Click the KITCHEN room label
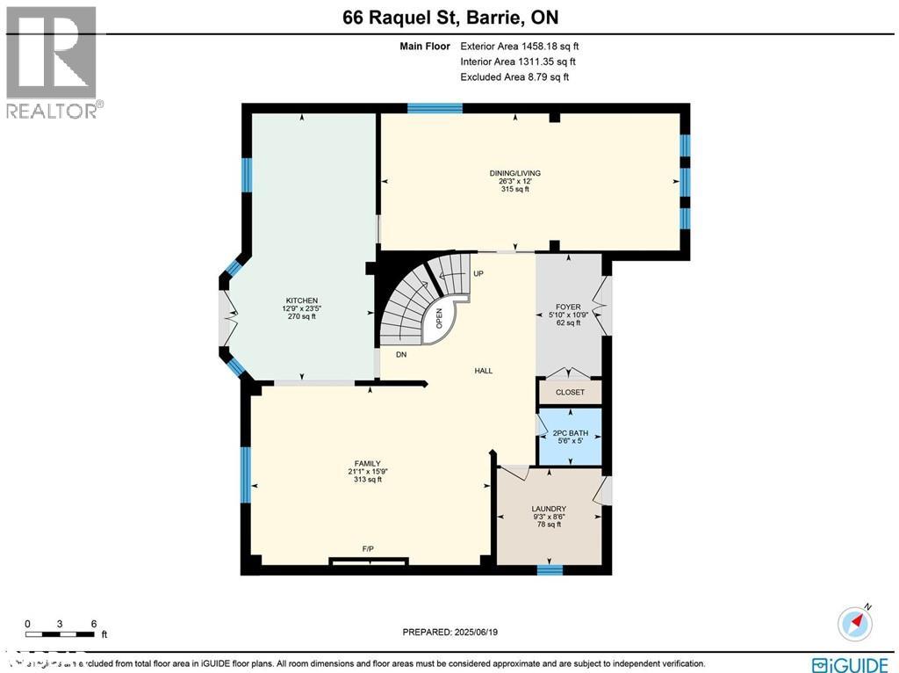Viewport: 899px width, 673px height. (x=301, y=300)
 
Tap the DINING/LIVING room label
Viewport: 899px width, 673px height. (x=514, y=173)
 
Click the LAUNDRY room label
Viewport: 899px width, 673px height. (x=549, y=509)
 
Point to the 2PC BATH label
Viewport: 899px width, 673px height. (x=570, y=433)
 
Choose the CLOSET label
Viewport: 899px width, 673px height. (x=570, y=392)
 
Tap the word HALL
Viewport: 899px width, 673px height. (x=483, y=371)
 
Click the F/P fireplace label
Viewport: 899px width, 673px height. (x=368, y=549)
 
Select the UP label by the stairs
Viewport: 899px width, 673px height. (x=478, y=274)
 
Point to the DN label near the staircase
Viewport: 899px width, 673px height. (x=400, y=355)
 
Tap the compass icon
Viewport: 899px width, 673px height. (x=855, y=622)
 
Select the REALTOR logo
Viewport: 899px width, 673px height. (x=53, y=62)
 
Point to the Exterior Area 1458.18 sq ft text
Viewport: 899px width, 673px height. (x=518, y=46)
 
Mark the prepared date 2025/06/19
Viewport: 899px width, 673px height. (x=449, y=632)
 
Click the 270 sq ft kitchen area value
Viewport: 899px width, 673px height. (x=301, y=316)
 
